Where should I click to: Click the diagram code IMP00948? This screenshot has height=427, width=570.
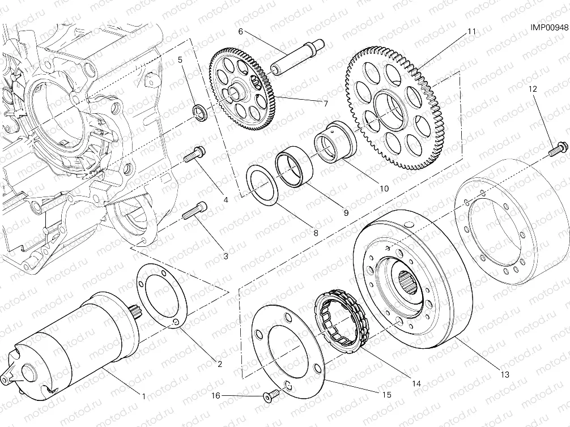point(548,26)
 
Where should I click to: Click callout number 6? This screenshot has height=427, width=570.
point(240,32)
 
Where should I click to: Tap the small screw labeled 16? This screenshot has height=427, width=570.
point(270,396)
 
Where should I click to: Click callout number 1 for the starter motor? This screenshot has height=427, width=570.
point(144,396)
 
